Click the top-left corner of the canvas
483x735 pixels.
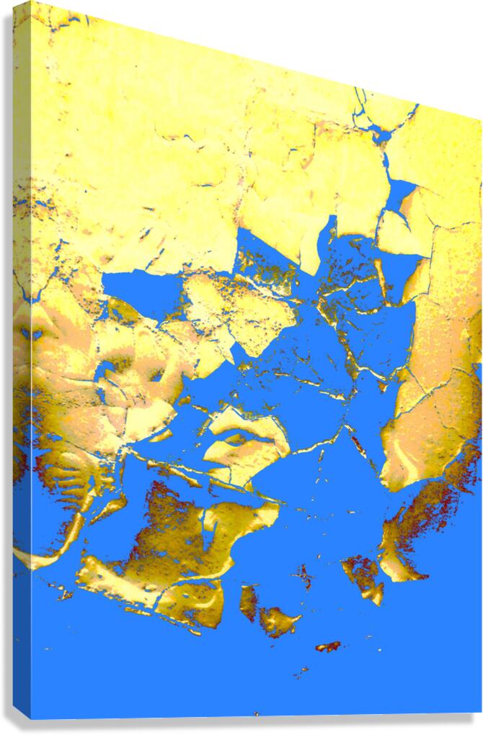pyautogui.click(x=31, y=3)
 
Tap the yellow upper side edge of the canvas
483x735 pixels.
pyautogui.click(x=22, y=144)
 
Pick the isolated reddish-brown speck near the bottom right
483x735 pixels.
pyautogui.click(x=328, y=646)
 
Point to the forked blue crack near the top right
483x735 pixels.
pyautogui.click(x=375, y=122)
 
